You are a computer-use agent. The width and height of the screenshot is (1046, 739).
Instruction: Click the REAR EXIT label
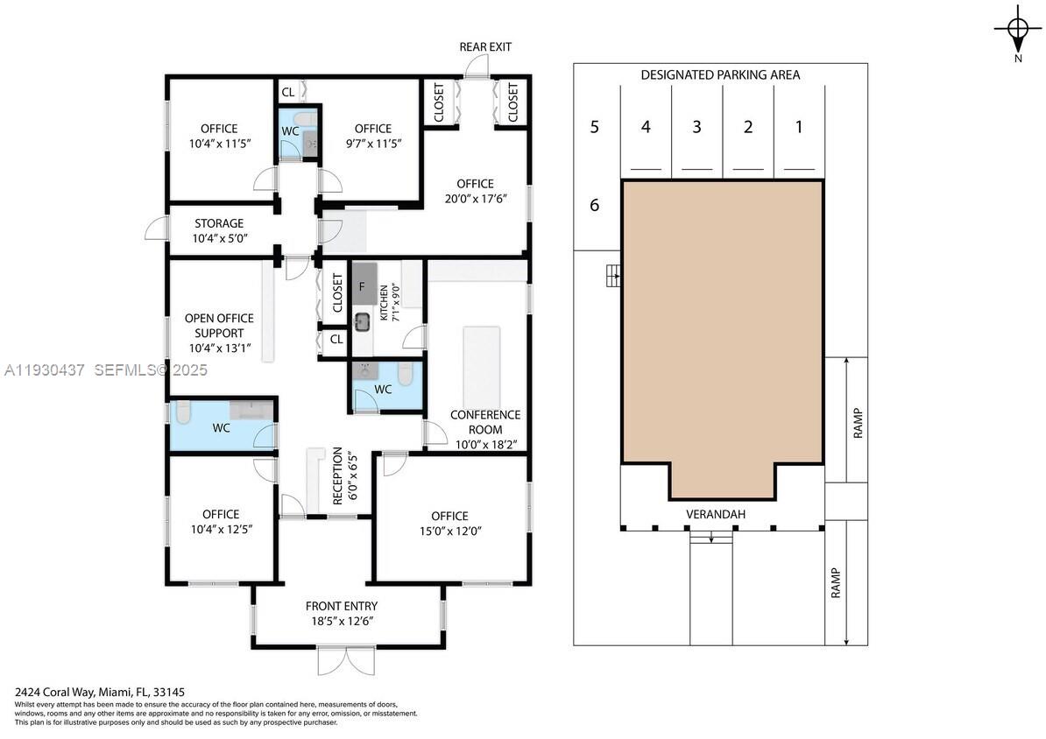tap(485, 46)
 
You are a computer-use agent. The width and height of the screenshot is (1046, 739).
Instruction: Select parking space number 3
tap(696, 127)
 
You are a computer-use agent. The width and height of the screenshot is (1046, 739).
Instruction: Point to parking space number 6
tap(595, 206)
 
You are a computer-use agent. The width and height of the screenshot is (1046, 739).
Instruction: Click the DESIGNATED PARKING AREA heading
tap(719, 75)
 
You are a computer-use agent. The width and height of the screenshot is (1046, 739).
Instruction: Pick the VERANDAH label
tap(715, 514)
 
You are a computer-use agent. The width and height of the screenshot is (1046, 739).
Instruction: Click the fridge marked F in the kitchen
tap(363, 285)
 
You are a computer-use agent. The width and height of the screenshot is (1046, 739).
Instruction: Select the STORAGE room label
tap(219, 224)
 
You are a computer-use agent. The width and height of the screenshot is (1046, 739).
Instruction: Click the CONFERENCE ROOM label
tap(484, 422)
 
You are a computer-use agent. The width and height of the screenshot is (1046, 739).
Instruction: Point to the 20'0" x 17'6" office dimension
tap(475, 198)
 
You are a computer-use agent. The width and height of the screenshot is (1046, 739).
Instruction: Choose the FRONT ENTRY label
tap(342, 606)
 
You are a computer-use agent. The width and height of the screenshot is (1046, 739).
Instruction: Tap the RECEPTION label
tap(337, 475)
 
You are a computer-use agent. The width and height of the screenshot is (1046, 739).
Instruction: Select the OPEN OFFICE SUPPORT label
tap(219, 325)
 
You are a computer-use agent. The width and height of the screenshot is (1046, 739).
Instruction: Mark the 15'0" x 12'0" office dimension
tap(449, 530)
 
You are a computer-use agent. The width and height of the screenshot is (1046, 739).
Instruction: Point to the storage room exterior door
tap(154, 229)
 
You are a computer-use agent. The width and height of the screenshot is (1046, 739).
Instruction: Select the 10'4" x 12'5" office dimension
tap(221, 529)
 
